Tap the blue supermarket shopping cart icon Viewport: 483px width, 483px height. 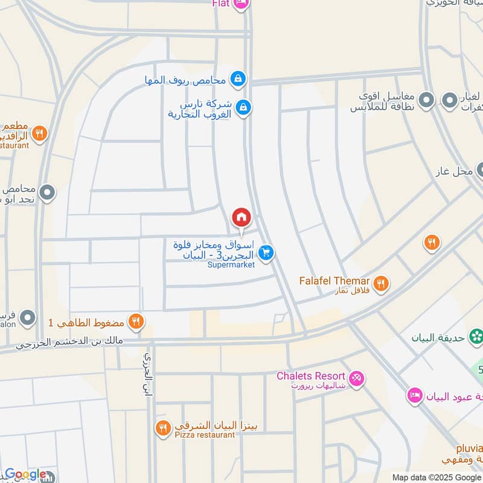pos(267,253)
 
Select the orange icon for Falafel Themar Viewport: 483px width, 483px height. pos(381,283)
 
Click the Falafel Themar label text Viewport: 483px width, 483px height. pos(334,281)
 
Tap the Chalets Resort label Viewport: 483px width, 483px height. pos(310,376)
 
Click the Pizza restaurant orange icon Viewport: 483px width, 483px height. pos(162,428)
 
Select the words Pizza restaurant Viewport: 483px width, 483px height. pos(205,435)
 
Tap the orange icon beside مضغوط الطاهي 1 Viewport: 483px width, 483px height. pos(136,322)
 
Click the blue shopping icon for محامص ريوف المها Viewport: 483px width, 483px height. pos(238,78)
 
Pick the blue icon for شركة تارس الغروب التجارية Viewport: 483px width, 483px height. pos(243,107)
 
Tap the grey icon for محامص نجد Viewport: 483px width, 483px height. pos(47,193)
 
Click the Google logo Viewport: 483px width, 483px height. pos(25,475)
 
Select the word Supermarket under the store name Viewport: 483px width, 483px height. pos(231,264)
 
